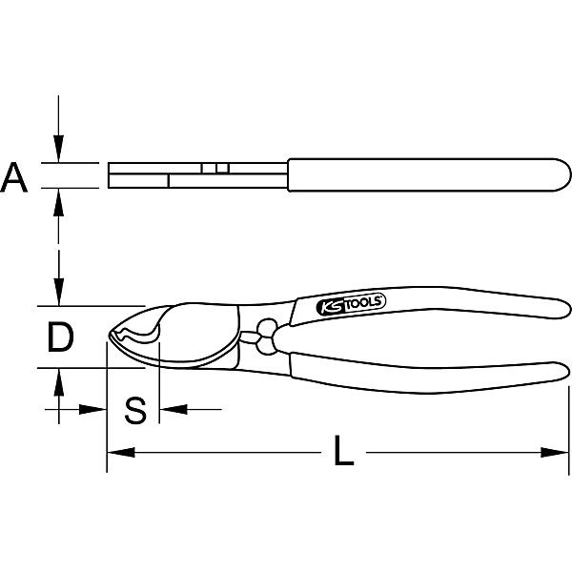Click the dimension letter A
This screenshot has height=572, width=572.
(14, 177)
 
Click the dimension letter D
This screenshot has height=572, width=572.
(61, 337)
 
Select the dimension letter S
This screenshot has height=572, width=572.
(135, 410)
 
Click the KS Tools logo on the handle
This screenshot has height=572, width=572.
(351, 304)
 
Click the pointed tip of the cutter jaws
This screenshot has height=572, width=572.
(109, 335)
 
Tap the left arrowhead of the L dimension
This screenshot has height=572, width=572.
(121, 453)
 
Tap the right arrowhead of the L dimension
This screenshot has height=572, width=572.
(555, 453)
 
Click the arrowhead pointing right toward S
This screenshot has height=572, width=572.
(92, 409)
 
